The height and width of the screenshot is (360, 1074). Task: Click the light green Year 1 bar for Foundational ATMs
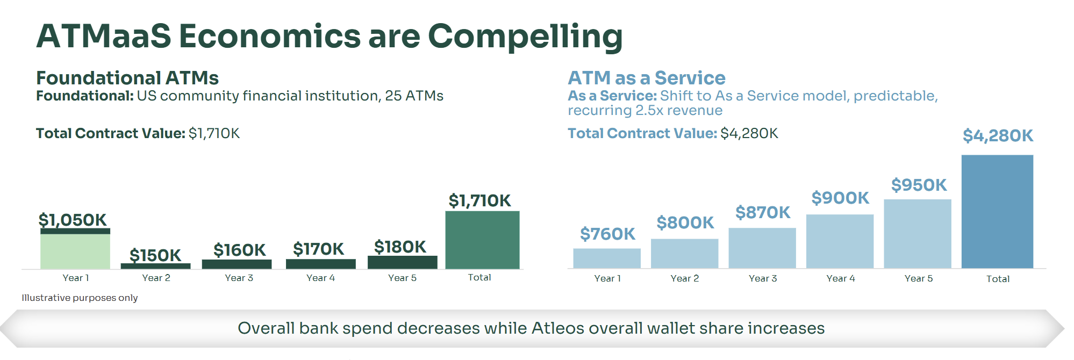[75, 251]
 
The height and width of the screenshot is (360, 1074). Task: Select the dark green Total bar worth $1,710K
[482, 240]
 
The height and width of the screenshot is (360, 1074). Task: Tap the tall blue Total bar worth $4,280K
[997, 211]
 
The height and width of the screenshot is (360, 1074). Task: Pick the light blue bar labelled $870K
[762, 248]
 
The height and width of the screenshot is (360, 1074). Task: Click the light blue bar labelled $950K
[918, 234]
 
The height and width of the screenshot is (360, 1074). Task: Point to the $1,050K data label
[73, 220]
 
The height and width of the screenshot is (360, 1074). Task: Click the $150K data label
[155, 255]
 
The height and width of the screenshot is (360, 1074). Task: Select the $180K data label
[400, 247]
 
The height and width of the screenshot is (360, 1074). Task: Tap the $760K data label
[607, 234]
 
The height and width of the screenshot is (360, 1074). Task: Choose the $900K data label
[840, 198]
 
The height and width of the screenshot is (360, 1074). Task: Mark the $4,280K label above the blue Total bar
[998, 135]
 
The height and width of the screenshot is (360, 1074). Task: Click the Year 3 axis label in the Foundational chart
[239, 278]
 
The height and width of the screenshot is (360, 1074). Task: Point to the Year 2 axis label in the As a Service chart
[685, 278]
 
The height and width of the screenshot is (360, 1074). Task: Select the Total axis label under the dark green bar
[479, 277]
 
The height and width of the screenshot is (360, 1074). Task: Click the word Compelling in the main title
[525, 37]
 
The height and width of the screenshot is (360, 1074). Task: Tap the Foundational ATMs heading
[127, 78]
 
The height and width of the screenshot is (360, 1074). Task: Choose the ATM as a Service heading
[647, 78]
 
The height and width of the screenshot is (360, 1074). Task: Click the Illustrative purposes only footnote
[80, 298]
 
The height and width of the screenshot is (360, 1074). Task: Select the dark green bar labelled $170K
[321, 264]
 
